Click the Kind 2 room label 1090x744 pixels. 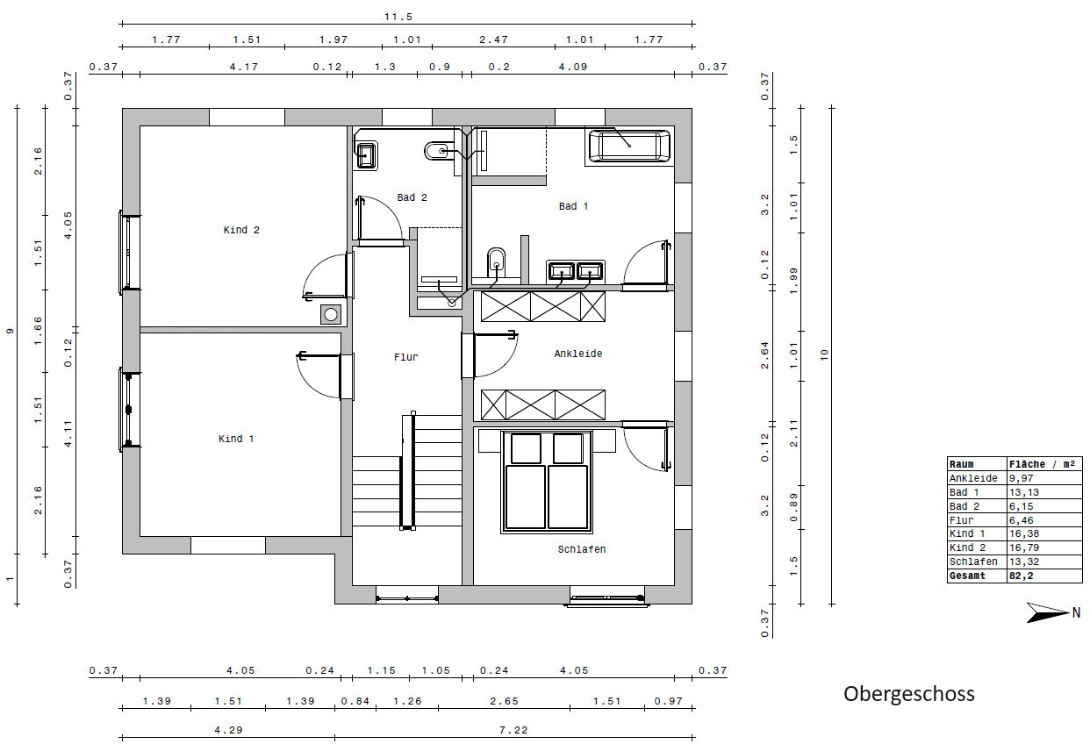pyautogui.click(x=241, y=230)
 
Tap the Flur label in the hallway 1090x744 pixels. pyautogui.click(x=405, y=357)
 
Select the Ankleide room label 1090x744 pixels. pyautogui.click(x=578, y=354)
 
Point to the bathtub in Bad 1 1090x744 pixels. pyautogui.click(x=629, y=146)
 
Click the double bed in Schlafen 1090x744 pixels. pyautogui.click(x=547, y=482)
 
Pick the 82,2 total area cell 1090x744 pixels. pyautogui.click(x=1021, y=576)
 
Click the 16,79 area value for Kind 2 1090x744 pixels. pyautogui.click(x=1024, y=547)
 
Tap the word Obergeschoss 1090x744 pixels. pyautogui.click(x=909, y=694)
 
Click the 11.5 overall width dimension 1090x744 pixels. pyautogui.click(x=398, y=17)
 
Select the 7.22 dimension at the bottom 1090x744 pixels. pyautogui.click(x=513, y=730)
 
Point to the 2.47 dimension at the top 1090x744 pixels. pyautogui.click(x=493, y=39)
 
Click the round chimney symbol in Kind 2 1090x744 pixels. pyautogui.click(x=331, y=314)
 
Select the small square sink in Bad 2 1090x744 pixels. pyautogui.click(x=366, y=155)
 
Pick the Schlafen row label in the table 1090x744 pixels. pyautogui.click(x=973, y=562)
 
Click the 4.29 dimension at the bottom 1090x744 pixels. pyautogui.click(x=228, y=730)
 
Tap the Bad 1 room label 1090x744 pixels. pyautogui.click(x=573, y=206)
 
